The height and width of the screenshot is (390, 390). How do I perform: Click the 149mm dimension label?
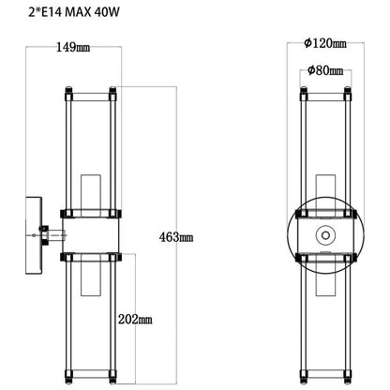click(73, 48)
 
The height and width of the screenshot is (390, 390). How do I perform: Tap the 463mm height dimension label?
click(176, 237)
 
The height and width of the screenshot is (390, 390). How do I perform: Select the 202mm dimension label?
click(135, 319)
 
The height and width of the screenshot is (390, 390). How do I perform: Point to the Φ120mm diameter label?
click(325, 43)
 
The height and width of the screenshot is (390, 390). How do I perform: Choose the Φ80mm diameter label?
click(325, 70)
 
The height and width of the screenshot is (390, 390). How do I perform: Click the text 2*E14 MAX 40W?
click(74, 13)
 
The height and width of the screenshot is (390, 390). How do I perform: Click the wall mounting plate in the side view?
click(34, 235)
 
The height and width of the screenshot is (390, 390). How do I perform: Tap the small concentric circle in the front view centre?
click(325, 234)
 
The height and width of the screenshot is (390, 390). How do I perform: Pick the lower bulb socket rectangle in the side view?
click(91, 275)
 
